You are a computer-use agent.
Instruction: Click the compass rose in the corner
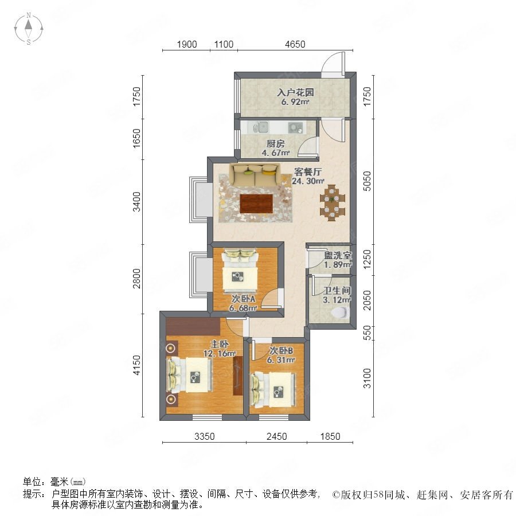pyautogui.click(x=29, y=29)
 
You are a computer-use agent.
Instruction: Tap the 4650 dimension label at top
pyautogui.click(x=295, y=44)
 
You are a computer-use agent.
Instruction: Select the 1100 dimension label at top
pyautogui.click(x=224, y=44)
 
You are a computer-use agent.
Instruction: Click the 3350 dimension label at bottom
pyautogui.click(x=204, y=436)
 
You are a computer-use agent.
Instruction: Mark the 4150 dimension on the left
pyautogui.click(x=136, y=365)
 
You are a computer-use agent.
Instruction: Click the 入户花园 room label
pyautogui.click(x=295, y=92)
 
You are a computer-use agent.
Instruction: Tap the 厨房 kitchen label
pyautogui.click(x=275, y=143)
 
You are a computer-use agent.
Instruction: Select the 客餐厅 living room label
pyautogui.click(x=308, y=172)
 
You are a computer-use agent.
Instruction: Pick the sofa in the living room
pyautogui.click(x=256, y=175)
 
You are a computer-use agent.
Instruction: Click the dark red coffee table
pyautogui.click(x=256, y=204)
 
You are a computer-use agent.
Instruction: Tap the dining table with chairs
pyautogui.click(x=333, y=202)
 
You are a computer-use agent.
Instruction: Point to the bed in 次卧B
pyautogui.click(x=273, y=390)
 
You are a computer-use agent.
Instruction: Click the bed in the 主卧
pyautogui.click(x=190, y=376)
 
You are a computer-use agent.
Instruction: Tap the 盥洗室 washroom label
pyautogui.click(x=338, y=255)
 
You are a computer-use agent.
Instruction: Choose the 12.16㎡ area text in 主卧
pyautogui.click(x=220, y=354)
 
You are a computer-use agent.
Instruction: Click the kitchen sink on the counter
pyautogui.click(x=262, y=127)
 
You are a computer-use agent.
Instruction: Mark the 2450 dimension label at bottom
pyautogui.click(x=277, y=436)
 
